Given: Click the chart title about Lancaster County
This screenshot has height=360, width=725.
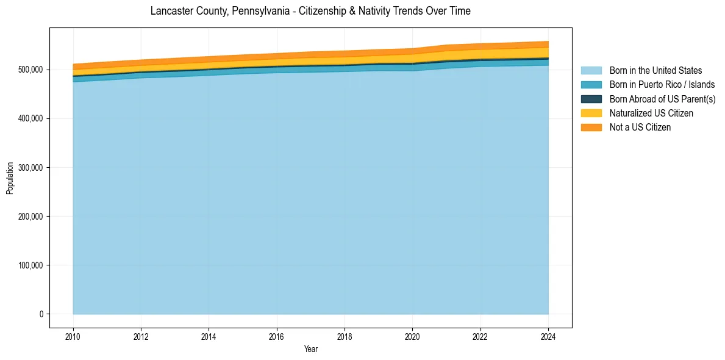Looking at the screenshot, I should (x=310, y=11).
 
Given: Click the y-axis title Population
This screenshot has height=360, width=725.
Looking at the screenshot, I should (x=10, y=178).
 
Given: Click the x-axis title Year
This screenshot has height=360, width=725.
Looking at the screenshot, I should (x=310, y=350).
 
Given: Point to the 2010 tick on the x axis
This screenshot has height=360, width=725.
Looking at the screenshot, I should (x=73, y=336).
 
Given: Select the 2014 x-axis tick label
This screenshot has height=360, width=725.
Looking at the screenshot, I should (x=209, y=336).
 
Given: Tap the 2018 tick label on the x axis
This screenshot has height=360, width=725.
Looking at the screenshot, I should (x=345, y=336).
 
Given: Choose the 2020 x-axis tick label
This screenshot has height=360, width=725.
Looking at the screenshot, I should (x=412, y=336).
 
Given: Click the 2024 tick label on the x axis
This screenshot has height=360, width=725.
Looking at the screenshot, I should (x=548, y=336).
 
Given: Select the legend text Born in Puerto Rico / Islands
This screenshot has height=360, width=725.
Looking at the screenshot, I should (x=662, y=85).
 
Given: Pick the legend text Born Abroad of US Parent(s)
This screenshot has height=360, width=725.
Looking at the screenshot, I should (x=662, y=99).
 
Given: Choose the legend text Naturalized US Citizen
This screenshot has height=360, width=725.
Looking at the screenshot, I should (x=651, y=113).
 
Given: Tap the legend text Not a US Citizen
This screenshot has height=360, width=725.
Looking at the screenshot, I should (x=640, y=128).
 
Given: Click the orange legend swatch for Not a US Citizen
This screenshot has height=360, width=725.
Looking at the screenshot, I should (x=591, y=128).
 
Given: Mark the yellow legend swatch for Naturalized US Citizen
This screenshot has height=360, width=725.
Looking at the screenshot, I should (x=591, y=113).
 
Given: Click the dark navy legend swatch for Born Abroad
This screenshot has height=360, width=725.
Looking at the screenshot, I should (x=591, y=99).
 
